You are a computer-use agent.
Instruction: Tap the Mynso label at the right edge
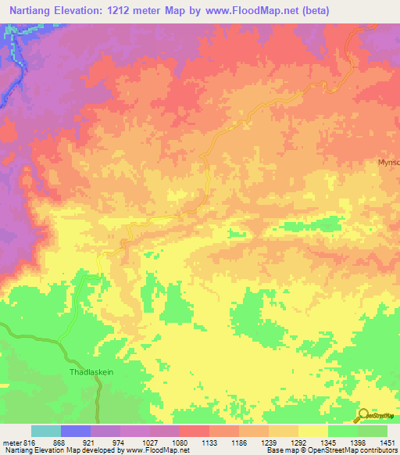[x=388, y=163]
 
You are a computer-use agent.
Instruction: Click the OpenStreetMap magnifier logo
[x=364, y=416]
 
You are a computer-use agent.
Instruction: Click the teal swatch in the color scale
[x=46, y=431]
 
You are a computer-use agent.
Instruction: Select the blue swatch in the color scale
[x=76, y=431]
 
